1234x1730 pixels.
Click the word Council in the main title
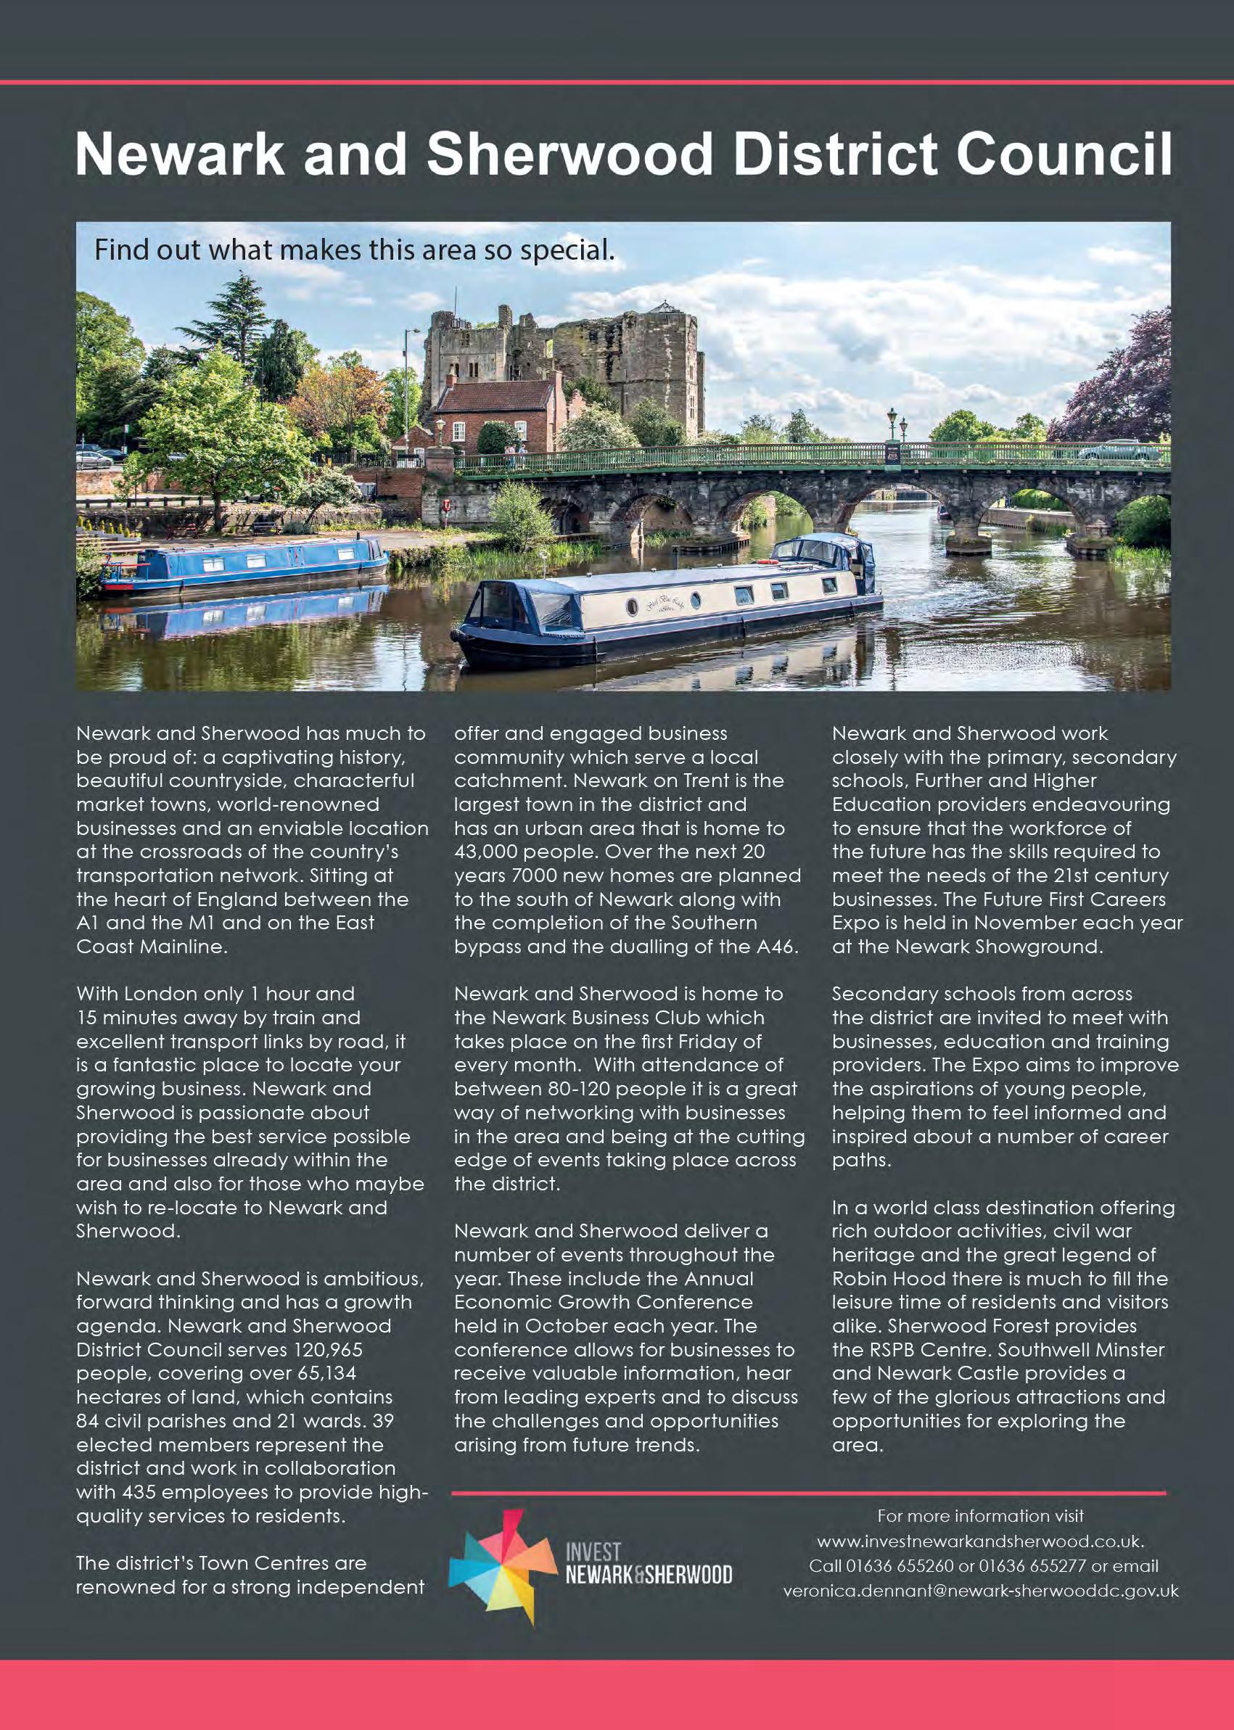point(1063,155)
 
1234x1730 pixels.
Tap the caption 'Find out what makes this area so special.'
point(354,250)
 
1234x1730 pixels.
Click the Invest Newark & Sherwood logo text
point(648,1563)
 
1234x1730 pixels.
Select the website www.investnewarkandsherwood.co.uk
point(980,1541)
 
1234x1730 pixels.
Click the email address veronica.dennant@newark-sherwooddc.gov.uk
point(981,1590)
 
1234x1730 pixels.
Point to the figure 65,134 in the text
point(320,1374)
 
